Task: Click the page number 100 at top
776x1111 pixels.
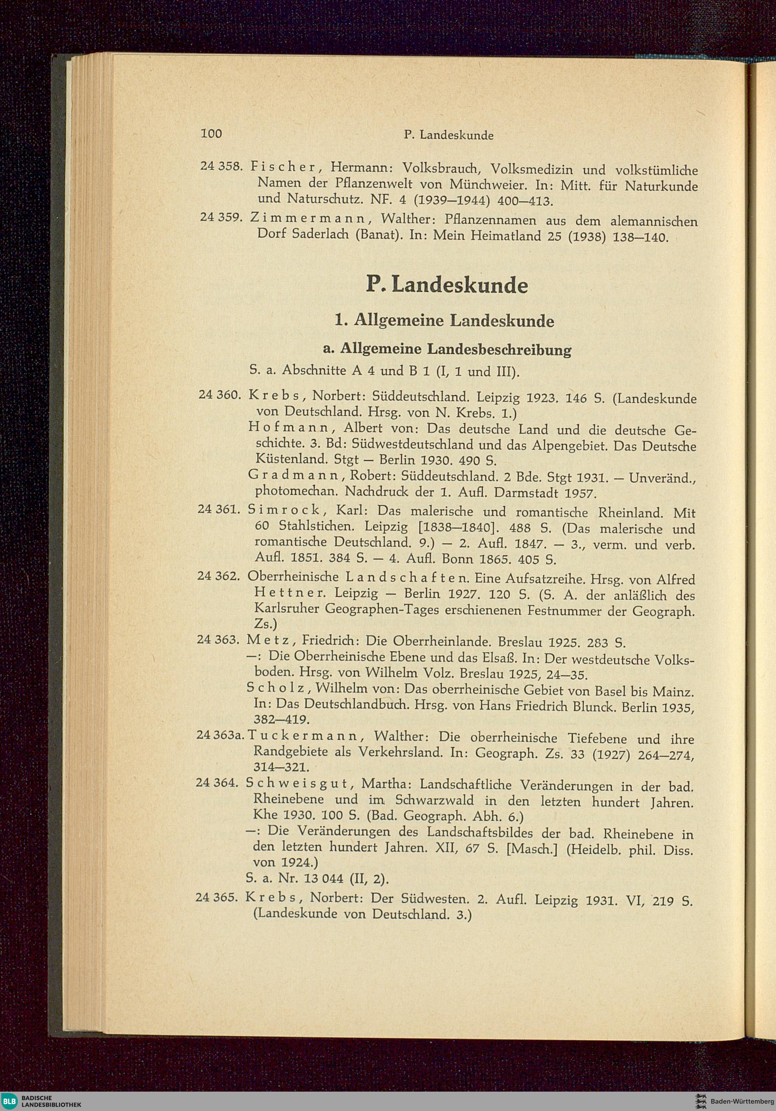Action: coord(211,133)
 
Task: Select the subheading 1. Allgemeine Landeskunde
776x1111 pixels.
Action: coord(444,320)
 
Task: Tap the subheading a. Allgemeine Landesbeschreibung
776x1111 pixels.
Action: coord(447,349)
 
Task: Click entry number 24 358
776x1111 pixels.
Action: coord(221,166)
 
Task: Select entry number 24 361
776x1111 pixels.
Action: coord(219,509)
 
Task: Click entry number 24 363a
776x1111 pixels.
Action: coord(219,735)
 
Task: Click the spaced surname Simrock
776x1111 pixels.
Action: coord(284,510)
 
